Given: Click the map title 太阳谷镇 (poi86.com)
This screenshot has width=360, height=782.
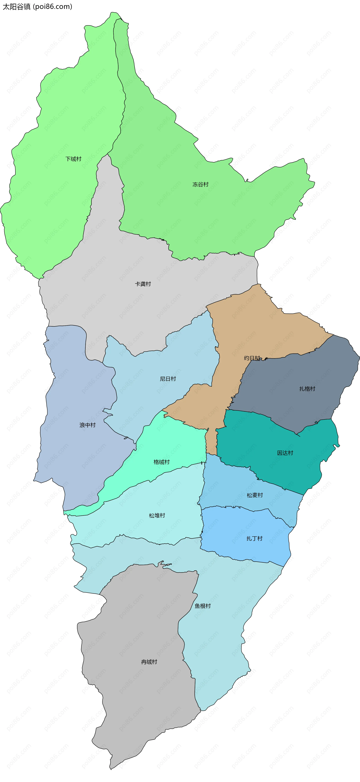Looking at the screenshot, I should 37,7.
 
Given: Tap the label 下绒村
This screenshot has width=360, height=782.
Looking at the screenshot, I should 73,159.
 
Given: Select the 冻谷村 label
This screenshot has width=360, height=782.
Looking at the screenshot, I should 200,184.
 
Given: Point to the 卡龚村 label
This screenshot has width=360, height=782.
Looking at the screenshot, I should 143,284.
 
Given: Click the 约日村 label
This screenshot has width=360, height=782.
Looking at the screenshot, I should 252,358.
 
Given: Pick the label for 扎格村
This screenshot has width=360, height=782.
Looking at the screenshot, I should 307,389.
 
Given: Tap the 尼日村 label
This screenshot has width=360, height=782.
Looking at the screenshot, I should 168,379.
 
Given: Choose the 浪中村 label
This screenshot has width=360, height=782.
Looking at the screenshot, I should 87,425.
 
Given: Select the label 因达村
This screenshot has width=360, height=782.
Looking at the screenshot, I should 285,453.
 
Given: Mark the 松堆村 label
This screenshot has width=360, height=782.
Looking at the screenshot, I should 157,515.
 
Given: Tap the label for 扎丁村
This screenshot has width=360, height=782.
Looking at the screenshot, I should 254,538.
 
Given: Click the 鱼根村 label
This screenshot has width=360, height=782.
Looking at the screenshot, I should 203,606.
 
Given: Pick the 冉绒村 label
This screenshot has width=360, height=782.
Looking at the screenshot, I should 149,662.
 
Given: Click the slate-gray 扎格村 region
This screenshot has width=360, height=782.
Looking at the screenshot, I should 291,404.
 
